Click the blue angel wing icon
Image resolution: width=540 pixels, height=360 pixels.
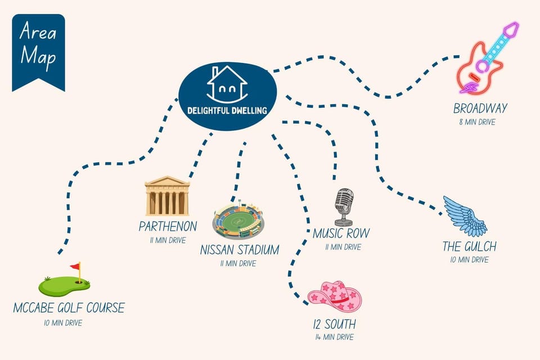tap(465, 217)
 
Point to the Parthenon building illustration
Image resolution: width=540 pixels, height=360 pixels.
tap(168, 196)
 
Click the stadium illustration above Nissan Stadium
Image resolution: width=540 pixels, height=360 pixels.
tap(238, 221)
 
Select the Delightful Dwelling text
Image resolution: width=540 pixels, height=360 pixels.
tap(227, 111)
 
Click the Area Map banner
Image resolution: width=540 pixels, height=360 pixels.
tap(38, 52)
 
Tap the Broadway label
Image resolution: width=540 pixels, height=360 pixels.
tap(480, 109)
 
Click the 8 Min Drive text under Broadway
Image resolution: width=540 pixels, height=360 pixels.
tap(478, 122)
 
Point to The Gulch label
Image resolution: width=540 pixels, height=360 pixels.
tap(469, 247)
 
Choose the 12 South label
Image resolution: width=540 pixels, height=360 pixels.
tap(335, 324)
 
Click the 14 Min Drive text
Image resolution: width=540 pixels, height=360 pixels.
tap(335, 337)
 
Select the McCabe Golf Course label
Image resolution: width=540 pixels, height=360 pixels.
tap(69, 308)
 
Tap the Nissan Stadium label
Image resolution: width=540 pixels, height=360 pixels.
tap(240, 250)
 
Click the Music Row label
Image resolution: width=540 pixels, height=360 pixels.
tap(341, 233)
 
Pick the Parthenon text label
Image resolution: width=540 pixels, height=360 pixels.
tap(168, 226)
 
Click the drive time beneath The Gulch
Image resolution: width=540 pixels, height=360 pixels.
tap(469, 260)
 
